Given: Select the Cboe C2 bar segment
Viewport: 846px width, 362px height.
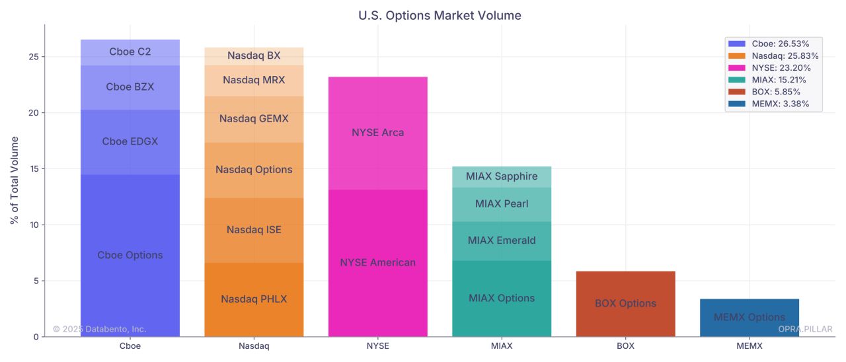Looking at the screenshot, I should point(130,52).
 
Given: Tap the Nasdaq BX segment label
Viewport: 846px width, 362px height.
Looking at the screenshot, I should point(254,56).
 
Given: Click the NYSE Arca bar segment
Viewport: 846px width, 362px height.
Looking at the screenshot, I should point(377,133).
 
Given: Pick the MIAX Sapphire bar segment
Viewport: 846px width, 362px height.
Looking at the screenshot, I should point(502,176).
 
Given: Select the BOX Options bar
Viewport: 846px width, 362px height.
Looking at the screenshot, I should point(625,304).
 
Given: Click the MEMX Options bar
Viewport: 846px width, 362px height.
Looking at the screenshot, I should point(749,318).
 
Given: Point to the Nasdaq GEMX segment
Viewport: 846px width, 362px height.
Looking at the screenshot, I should point(254,119).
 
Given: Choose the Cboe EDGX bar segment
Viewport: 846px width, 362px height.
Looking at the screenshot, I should point(130,141).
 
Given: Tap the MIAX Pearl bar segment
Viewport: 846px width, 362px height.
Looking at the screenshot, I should point(502,204).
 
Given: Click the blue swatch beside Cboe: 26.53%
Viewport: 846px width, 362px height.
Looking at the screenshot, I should point(736,43).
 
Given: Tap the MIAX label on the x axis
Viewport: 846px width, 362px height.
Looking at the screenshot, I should point(502,345).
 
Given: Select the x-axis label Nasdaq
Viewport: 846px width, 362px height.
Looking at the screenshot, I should point(254,345).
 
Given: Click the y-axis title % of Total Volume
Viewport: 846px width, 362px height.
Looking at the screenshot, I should point(15,180).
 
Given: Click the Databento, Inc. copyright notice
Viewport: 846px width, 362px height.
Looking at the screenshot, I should point(100,329).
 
